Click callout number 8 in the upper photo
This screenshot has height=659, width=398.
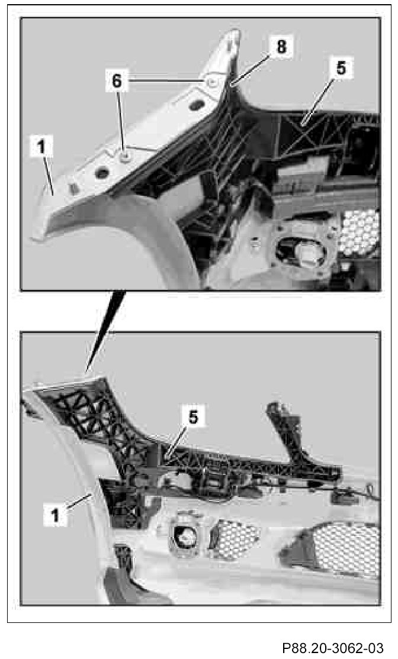pos(281,46)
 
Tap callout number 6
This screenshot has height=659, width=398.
pos(117,80)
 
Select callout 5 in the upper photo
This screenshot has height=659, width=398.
pos(341,68)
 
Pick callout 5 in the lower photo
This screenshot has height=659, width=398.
pos(192,416)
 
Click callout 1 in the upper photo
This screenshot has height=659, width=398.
pos(41,147)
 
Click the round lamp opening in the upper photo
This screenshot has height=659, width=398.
pos(301,252)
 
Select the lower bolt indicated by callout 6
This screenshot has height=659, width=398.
pos(124,157)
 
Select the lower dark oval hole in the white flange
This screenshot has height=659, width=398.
pos(102,172)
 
